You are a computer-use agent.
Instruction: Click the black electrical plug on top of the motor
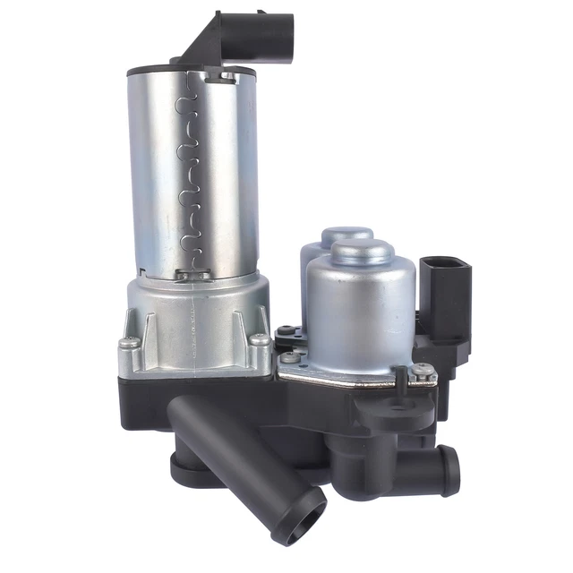click(x=269, y=37)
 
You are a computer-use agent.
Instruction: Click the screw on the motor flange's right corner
click(x=259, y=339)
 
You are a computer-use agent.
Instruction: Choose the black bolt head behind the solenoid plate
click(x=285, y=330)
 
